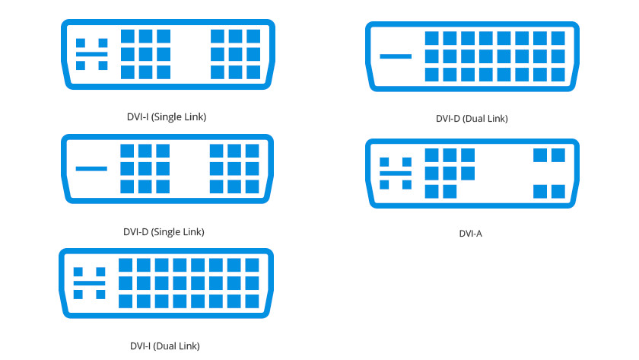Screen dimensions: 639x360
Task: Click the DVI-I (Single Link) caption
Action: pos(167,117)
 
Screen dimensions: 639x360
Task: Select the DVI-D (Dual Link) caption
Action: pos(472,119)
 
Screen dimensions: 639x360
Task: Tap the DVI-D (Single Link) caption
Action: pos(164,232)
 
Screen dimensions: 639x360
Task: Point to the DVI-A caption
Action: pos(471,234)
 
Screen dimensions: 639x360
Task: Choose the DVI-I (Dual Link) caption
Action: pos(165,346)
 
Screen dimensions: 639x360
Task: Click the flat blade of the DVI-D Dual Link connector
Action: pos(396,56)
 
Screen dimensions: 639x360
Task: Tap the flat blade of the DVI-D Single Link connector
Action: pos(91,168)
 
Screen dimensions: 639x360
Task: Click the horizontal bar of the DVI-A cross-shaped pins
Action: pos(396,174)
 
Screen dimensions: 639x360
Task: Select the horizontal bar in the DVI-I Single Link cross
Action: pos(92,54)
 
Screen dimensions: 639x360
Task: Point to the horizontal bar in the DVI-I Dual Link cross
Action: pos(89,283)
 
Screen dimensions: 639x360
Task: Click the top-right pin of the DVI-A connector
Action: pos(558,155)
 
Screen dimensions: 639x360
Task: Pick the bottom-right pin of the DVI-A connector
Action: pos(558,192)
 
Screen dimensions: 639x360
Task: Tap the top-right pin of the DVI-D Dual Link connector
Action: pos(558,38)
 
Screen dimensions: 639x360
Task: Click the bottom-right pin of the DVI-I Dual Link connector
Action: pos(253,301)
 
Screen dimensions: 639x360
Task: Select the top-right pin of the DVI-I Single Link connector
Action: pos(253,37)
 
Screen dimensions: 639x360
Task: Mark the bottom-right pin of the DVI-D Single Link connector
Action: pos(253,186)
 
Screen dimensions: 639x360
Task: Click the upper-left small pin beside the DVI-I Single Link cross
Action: pos(81,43)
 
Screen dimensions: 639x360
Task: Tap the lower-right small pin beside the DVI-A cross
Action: pos(407,185)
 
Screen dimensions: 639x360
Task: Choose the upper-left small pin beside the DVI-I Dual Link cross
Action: pos(78,272)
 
